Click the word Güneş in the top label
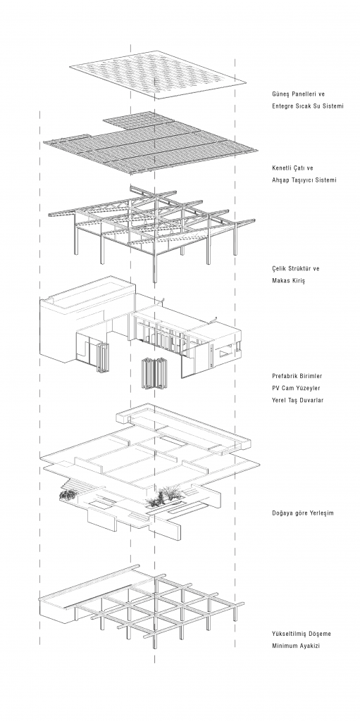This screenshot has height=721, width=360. (281, 94)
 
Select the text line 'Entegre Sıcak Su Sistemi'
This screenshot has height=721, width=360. (308, 106)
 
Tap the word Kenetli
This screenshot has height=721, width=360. (283, 168)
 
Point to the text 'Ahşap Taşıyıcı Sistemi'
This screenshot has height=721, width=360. (304, 180)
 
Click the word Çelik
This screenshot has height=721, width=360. (279, 268)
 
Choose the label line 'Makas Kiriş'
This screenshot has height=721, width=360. (288, 280)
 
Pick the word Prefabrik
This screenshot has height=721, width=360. (285, 376)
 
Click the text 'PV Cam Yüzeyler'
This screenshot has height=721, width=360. (295, 388)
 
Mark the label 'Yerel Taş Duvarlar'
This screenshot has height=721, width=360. (297, 400)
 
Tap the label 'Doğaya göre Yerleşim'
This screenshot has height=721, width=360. (302, 513)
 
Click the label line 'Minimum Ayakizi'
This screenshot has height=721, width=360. (295, 646)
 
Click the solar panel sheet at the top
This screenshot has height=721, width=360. (158, 75)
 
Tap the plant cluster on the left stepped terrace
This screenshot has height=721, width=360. (68, 494)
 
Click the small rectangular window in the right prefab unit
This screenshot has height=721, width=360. (225, 353)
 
